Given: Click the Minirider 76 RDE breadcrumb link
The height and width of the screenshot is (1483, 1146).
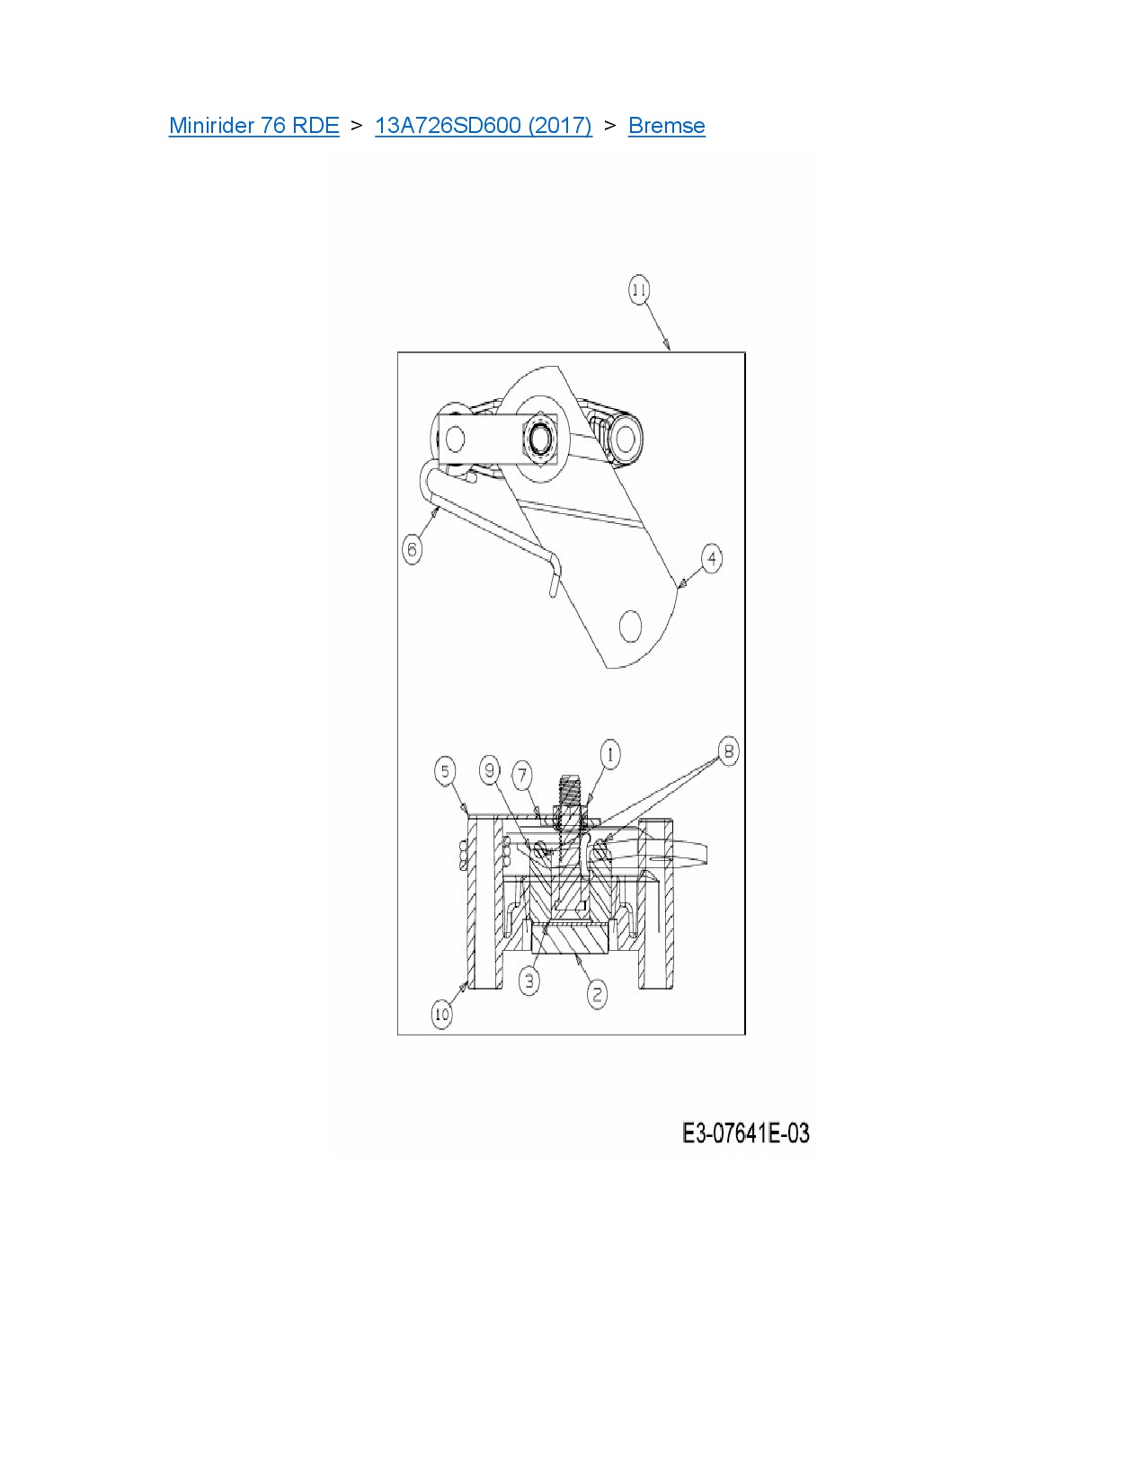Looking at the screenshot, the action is [x=253, y=126].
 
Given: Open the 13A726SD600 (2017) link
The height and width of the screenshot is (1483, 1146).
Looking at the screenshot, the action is [x=483, y=126].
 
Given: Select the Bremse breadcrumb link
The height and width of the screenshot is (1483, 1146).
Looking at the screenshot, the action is [x=666, y=126].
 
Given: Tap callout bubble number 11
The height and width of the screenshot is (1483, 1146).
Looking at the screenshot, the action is [x=638, y=290].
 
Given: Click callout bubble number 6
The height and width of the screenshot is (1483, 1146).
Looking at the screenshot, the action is [x=413, y=548].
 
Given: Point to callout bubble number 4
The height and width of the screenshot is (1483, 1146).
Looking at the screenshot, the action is [x=711, y=558].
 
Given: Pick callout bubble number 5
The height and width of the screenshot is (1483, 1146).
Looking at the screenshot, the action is [x=445, y=771].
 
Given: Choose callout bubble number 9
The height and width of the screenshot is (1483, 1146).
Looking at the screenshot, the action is [x=489, y=770].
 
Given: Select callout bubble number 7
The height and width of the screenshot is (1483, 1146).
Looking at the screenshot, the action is [x=522, y=775].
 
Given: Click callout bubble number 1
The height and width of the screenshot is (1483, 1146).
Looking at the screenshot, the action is [x=609, y=754].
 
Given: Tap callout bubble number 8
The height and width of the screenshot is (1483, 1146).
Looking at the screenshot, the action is [x=728, y=751].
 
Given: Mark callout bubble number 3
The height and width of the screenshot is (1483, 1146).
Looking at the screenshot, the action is [x=529, y=981].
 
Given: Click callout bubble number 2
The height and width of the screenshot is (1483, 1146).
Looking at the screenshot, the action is [x=597, y=994].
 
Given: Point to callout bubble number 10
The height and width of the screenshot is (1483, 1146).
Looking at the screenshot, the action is [x=441, y=1015].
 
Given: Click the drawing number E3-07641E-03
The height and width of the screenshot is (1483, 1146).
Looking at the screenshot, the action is [x=745, y=1133].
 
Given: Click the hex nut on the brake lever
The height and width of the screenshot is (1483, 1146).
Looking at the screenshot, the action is [x=541, y=440].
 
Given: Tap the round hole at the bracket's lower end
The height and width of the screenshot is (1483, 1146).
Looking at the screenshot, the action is [x=631, y=626].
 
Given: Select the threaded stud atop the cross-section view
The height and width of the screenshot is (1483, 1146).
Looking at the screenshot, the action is [x=570, y=790].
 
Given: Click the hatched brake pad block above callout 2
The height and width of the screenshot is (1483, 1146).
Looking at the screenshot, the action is [x=570, y=939].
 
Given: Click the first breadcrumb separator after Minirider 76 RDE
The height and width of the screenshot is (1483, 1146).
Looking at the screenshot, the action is [x=357, y=126].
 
